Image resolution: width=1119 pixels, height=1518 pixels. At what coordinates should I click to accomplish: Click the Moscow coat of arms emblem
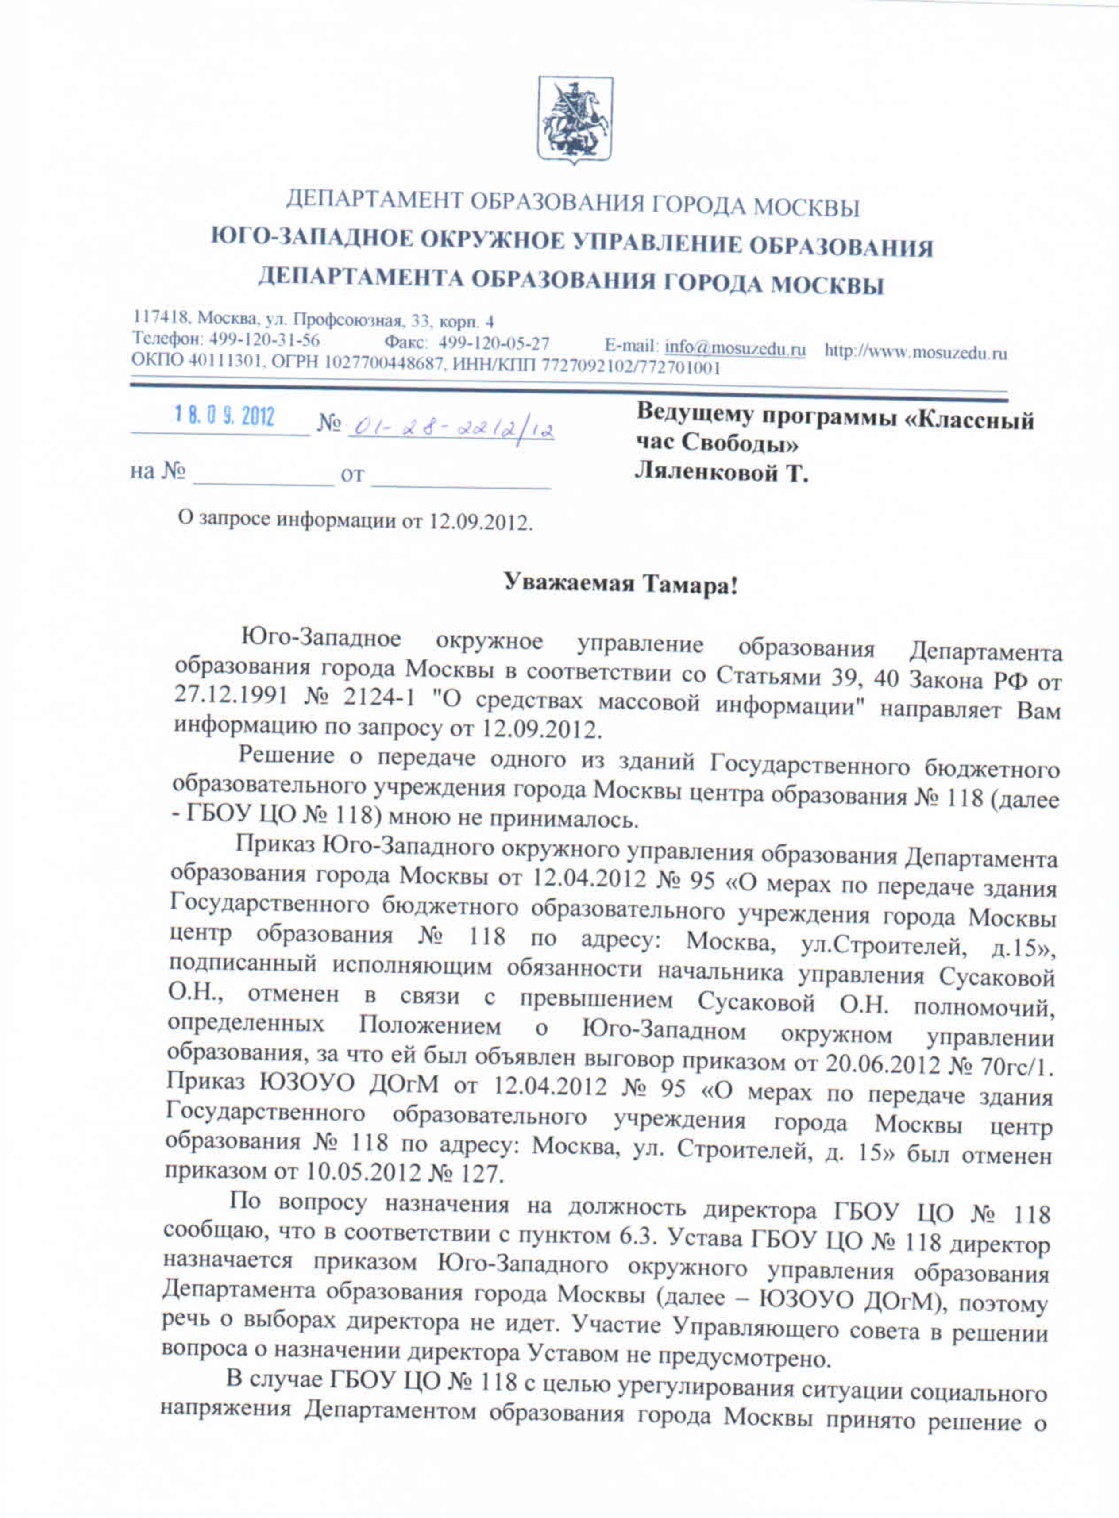tap(575, 120)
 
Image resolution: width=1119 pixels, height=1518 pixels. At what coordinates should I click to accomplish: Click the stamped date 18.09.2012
tap(224, 415)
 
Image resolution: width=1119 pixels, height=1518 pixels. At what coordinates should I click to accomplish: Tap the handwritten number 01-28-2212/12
tap(451, 427)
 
